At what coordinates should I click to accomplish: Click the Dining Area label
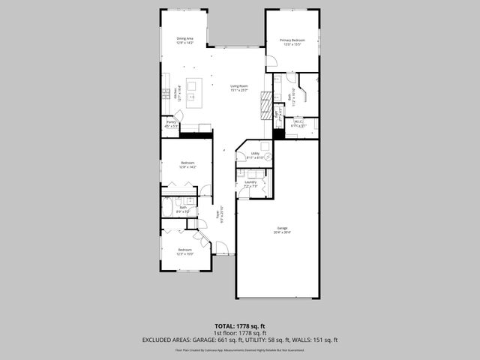click(x=184, y=40)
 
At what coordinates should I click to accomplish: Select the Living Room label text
click(x=239, y=88)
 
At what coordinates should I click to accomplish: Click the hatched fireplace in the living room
click(x=263, y=104)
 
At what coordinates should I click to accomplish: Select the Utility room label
click(x=255, y=155)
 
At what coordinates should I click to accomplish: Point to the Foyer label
click(x=220, y=218)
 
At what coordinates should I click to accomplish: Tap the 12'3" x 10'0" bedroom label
click(x=184, y=251)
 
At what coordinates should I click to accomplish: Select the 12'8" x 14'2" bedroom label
click(x=187, y=165)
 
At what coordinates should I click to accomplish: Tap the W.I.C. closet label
click(x=298, y=123)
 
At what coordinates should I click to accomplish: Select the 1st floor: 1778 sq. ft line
click(x=239, y=333)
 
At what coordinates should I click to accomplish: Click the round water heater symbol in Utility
click(x=265, y=146)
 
